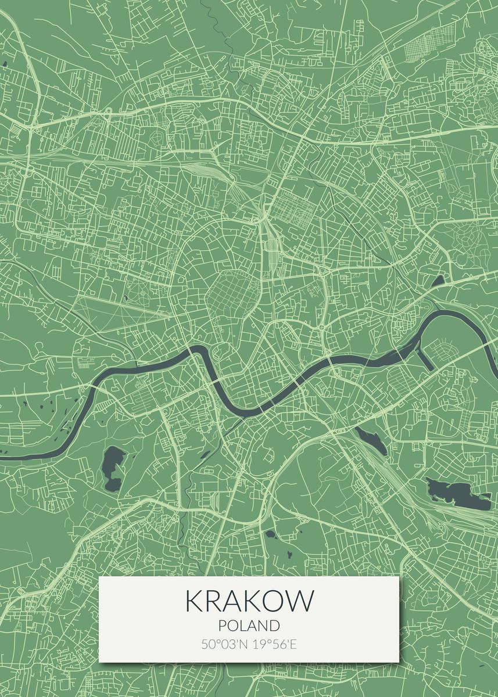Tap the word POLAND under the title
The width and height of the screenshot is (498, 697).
pos(249,626)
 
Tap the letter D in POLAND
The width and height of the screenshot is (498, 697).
pos(274,626)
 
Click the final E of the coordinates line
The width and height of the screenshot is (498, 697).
pos(294,644)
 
